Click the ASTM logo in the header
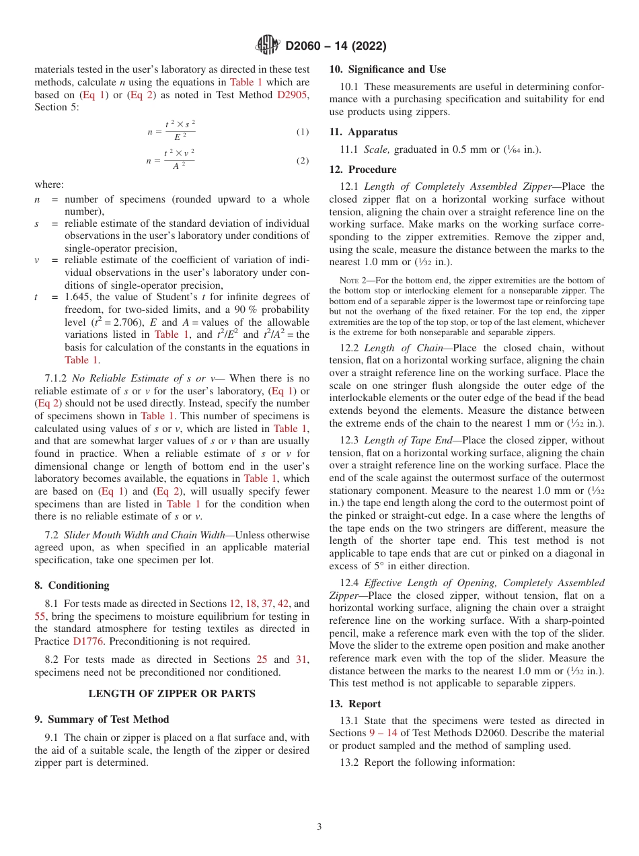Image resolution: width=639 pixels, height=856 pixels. click(x=268, y=46)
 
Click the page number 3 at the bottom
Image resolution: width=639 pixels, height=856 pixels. click(x=319, y=826)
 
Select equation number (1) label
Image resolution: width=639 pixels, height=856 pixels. click(x=303, y=132)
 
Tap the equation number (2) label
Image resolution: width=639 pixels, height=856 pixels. click(x=303, y=162)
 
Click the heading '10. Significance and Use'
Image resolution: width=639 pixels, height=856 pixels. click(x=387, y=69)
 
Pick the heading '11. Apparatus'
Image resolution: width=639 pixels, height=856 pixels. click(x=363, y=132)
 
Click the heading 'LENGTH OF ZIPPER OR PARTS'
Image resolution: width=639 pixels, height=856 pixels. click(x=172, y=694)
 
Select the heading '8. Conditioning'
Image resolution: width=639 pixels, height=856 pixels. click(x=72, y=585)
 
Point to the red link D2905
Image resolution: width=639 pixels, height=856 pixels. click(x=293, y=96)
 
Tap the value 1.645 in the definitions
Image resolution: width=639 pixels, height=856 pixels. click(x=78, y=297)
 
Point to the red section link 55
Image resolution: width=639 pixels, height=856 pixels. click(x=40, y=616)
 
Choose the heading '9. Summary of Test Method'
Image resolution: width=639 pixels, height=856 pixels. click(x=102, y=719)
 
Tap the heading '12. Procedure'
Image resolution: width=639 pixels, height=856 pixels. click(x=363, y=170)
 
